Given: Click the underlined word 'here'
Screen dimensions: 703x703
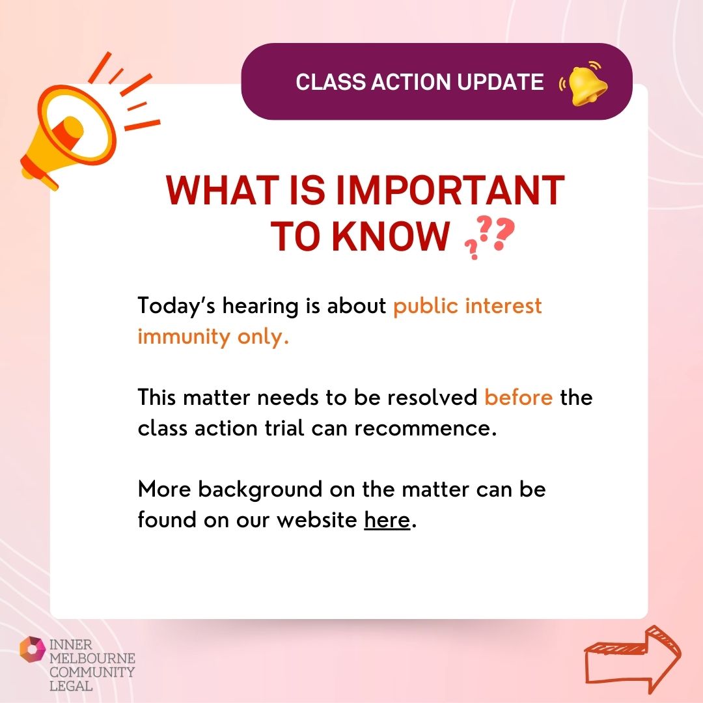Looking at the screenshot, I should tap(387, 521).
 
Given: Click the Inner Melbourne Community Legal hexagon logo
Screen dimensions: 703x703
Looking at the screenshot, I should tap(33, 650).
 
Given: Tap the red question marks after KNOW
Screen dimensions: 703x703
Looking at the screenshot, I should tap(488, 238).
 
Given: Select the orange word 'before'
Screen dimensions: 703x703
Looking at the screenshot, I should tap(519, 397).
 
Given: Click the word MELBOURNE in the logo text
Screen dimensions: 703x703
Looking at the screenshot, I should tap(92, 659).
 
